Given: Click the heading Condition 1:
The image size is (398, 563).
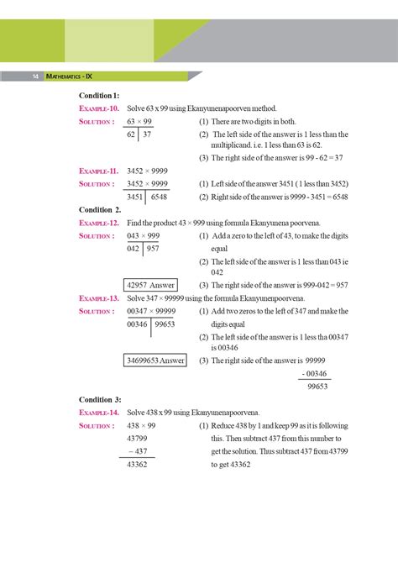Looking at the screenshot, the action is pyautogui.click(x=99, y=96).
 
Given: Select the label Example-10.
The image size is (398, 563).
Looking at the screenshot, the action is pyautogui.click(x=99, y=108).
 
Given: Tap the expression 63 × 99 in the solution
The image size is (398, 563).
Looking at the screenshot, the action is pyautogui.click(x=139, y=121).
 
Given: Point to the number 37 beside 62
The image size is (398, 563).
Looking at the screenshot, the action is pyautogui.click(x=147, y=134).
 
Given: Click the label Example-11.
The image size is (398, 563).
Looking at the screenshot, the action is pyautogui.click(x=99, y=171).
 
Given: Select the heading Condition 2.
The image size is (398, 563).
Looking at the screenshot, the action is pyautogui.click(x=99, y=209).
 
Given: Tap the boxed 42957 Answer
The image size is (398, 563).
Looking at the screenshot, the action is pyautogui.click(x=149, y=285).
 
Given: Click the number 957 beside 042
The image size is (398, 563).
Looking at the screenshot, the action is pyautogui.click(x=153, y=248).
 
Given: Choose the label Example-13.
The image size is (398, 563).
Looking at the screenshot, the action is pyautogui.click(x=99, y=297).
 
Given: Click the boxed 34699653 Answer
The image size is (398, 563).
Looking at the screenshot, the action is pyautogui.click(x=155, y=360).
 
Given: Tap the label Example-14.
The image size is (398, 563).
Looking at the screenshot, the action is pyautogui.click(x=99, y=413).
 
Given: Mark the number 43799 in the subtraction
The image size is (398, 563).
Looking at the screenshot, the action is pyautogui.click(x=136, y=438).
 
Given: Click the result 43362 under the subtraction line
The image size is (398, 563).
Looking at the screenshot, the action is pyautogui.click(x=136, y=464).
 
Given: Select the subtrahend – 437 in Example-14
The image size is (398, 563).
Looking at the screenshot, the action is pyautogui.click(x=137, y=450).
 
